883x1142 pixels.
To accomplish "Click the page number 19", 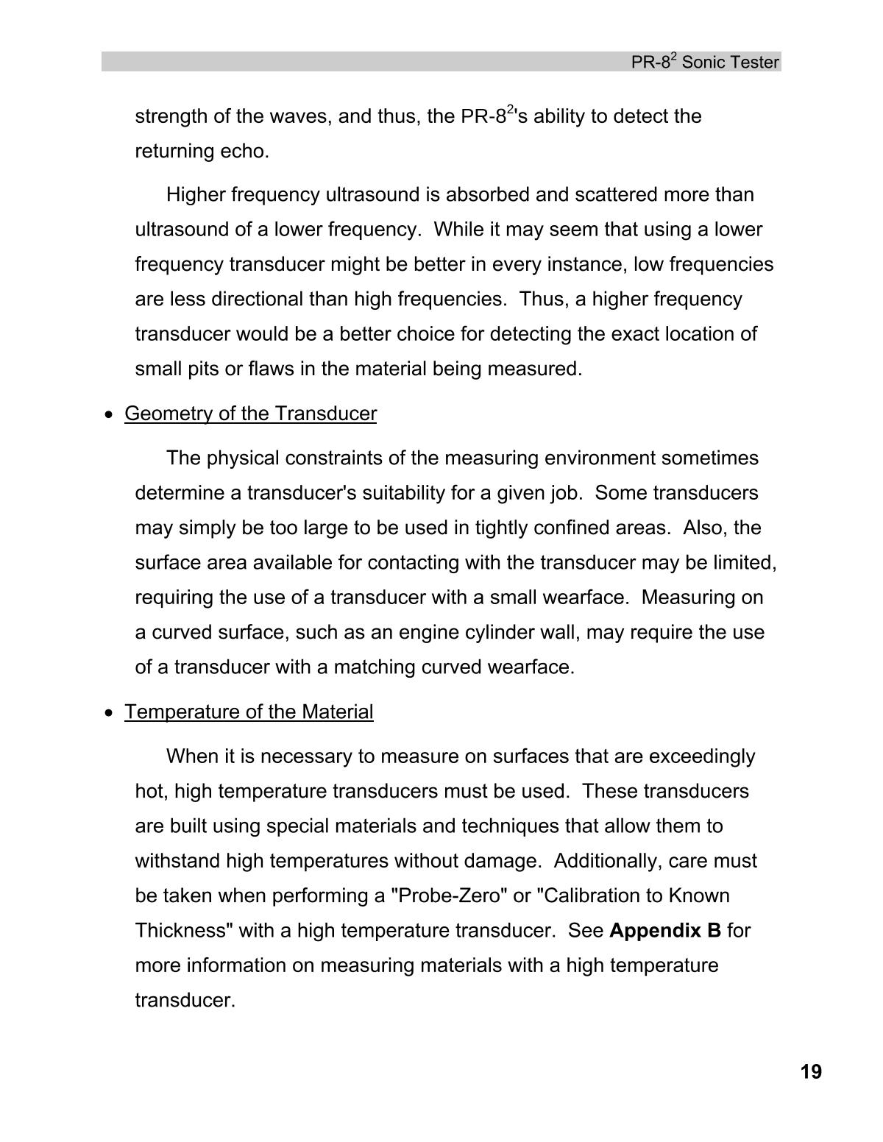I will [x=811, y=1072].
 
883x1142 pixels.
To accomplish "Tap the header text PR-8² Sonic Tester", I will [x=704, y=63].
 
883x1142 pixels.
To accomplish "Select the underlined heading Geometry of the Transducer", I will [x=250, y=414].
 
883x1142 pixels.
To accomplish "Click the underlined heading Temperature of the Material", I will [x=249, y=712].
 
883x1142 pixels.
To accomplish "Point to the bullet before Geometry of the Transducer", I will [x=110, y=415].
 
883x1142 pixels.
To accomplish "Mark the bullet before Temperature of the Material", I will [x=110, y=713].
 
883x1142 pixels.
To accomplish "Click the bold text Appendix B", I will [x=665, y=931].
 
